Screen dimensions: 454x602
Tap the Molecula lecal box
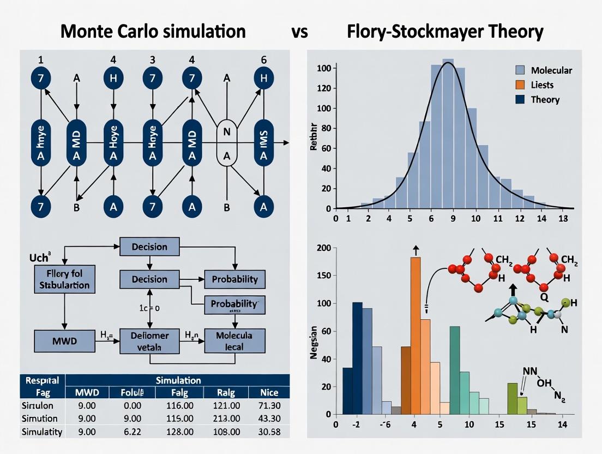[234, 340]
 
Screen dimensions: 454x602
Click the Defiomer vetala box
[149, 340]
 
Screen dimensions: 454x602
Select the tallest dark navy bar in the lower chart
[358, 359]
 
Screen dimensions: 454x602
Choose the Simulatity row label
[41, 432]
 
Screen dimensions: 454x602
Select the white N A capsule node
[226, 143]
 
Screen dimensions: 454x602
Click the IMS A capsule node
[264, 143]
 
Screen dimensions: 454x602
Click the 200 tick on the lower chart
[324, 248]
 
